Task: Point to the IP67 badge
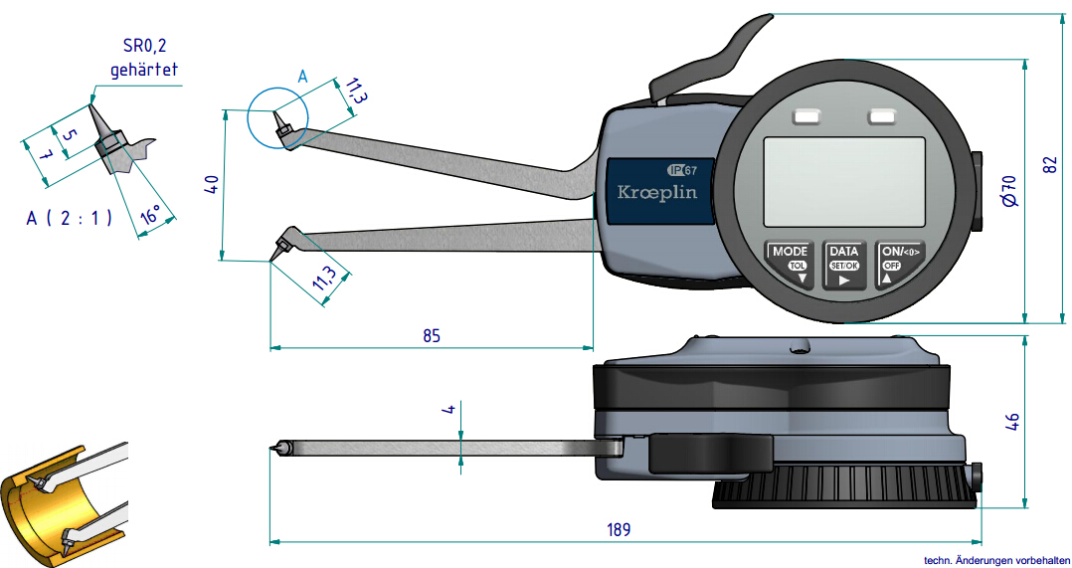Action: point(682,169)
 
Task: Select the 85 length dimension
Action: point(431,335)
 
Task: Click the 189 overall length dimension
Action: point(619,529)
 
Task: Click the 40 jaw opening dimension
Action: point(211,186)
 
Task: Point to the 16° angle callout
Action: point(150,215)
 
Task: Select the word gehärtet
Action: point(144,71)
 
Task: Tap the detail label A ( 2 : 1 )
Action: point(69,218)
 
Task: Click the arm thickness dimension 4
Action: point(449,410)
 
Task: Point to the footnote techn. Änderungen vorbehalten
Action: point(995,560)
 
